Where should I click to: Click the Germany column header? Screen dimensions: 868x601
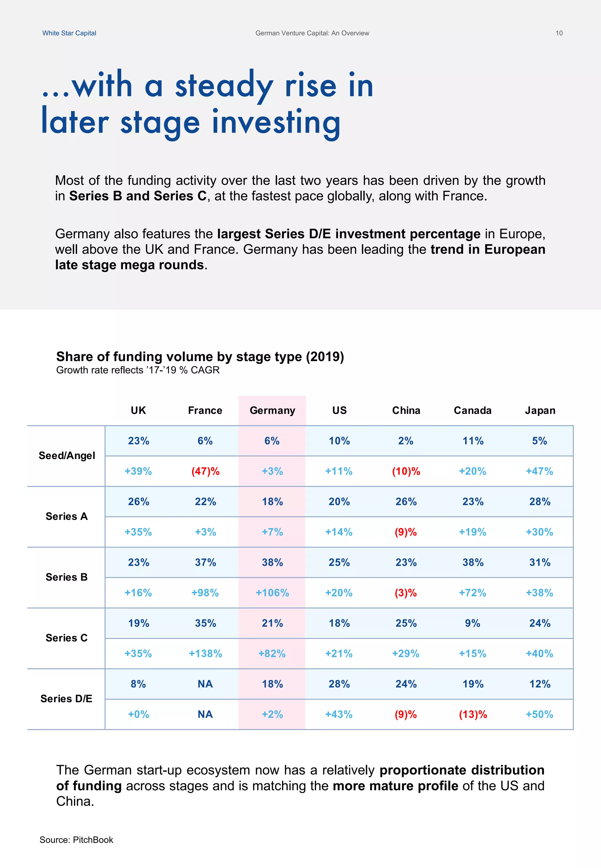pos(272,410)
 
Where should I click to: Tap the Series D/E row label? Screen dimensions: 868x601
pos(66,699)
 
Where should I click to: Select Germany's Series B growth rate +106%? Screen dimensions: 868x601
pos(272,593)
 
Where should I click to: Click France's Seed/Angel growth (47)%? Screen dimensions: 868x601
pos(205,471)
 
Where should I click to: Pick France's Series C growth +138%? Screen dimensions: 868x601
pos(205,654)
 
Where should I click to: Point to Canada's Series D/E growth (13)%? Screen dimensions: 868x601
pos(472,714)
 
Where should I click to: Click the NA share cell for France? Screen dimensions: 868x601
pos(205,684)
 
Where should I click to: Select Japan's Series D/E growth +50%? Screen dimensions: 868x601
pos(539,714)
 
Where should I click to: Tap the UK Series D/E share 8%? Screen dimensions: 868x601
pos(138,684)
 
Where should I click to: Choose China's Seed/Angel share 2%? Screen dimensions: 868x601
pos(406,441)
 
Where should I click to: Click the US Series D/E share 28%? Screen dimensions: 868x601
pos(339,684)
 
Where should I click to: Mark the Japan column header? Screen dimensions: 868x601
pos(540,410)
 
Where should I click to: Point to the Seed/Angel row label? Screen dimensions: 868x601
pos(67,456)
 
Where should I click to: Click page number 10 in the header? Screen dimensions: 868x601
pos(559,33)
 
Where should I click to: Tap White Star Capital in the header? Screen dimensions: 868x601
pos(69,33)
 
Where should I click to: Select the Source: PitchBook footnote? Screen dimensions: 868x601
pos(76,840)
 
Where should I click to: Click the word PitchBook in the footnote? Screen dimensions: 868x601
pos(93,840)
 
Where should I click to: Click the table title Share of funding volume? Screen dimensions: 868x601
pos(200,356)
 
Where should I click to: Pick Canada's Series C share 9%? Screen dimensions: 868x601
pos(472,623)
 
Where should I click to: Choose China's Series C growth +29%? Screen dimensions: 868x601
pos(406,654)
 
